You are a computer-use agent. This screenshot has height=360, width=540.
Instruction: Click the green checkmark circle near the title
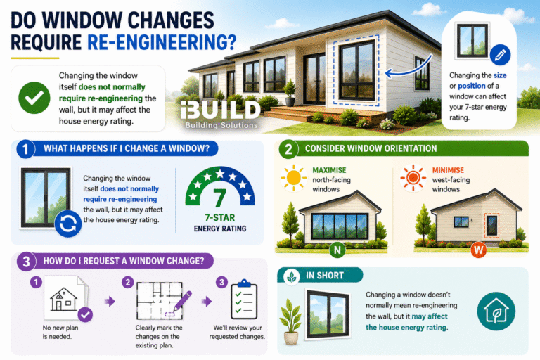(x=34, y=98)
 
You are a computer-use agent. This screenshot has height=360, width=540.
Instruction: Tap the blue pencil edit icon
(x=500, y=55)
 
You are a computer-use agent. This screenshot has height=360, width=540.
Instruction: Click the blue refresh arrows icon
(x=67, y=224)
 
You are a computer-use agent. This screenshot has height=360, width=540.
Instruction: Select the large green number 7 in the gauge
(x=219, y=199)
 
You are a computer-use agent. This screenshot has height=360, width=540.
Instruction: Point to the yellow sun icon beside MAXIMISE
(x=293, y=177)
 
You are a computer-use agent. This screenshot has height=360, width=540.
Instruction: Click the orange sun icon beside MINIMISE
(x=413, y=178)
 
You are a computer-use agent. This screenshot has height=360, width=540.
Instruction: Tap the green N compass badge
(x=337, y=250)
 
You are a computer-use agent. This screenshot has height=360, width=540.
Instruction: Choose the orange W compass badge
(x=478, y=250)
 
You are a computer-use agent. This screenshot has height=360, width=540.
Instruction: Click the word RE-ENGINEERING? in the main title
(x=162, y=42)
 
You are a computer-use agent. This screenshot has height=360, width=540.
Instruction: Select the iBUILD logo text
(x=220, y=110)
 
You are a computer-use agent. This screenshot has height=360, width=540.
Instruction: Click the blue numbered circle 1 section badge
(x=25, y=149)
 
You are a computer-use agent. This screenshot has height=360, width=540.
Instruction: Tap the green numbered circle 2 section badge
(x=288, y=150)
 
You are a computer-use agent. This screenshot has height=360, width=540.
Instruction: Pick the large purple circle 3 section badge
(x=26, y=262)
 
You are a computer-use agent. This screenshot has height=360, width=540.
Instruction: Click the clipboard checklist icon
(x=244, y=300)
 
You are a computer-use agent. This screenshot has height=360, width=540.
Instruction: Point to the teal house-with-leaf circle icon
(x=496, y=311)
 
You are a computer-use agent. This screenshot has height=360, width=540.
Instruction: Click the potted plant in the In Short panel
(x=291, y=321)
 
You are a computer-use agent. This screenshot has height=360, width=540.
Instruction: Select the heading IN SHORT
(x=325, y=276)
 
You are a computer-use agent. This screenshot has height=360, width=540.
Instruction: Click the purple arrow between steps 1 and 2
(x=110, y=302)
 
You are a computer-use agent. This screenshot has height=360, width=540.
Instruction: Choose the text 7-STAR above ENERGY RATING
(x=219, y=218)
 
